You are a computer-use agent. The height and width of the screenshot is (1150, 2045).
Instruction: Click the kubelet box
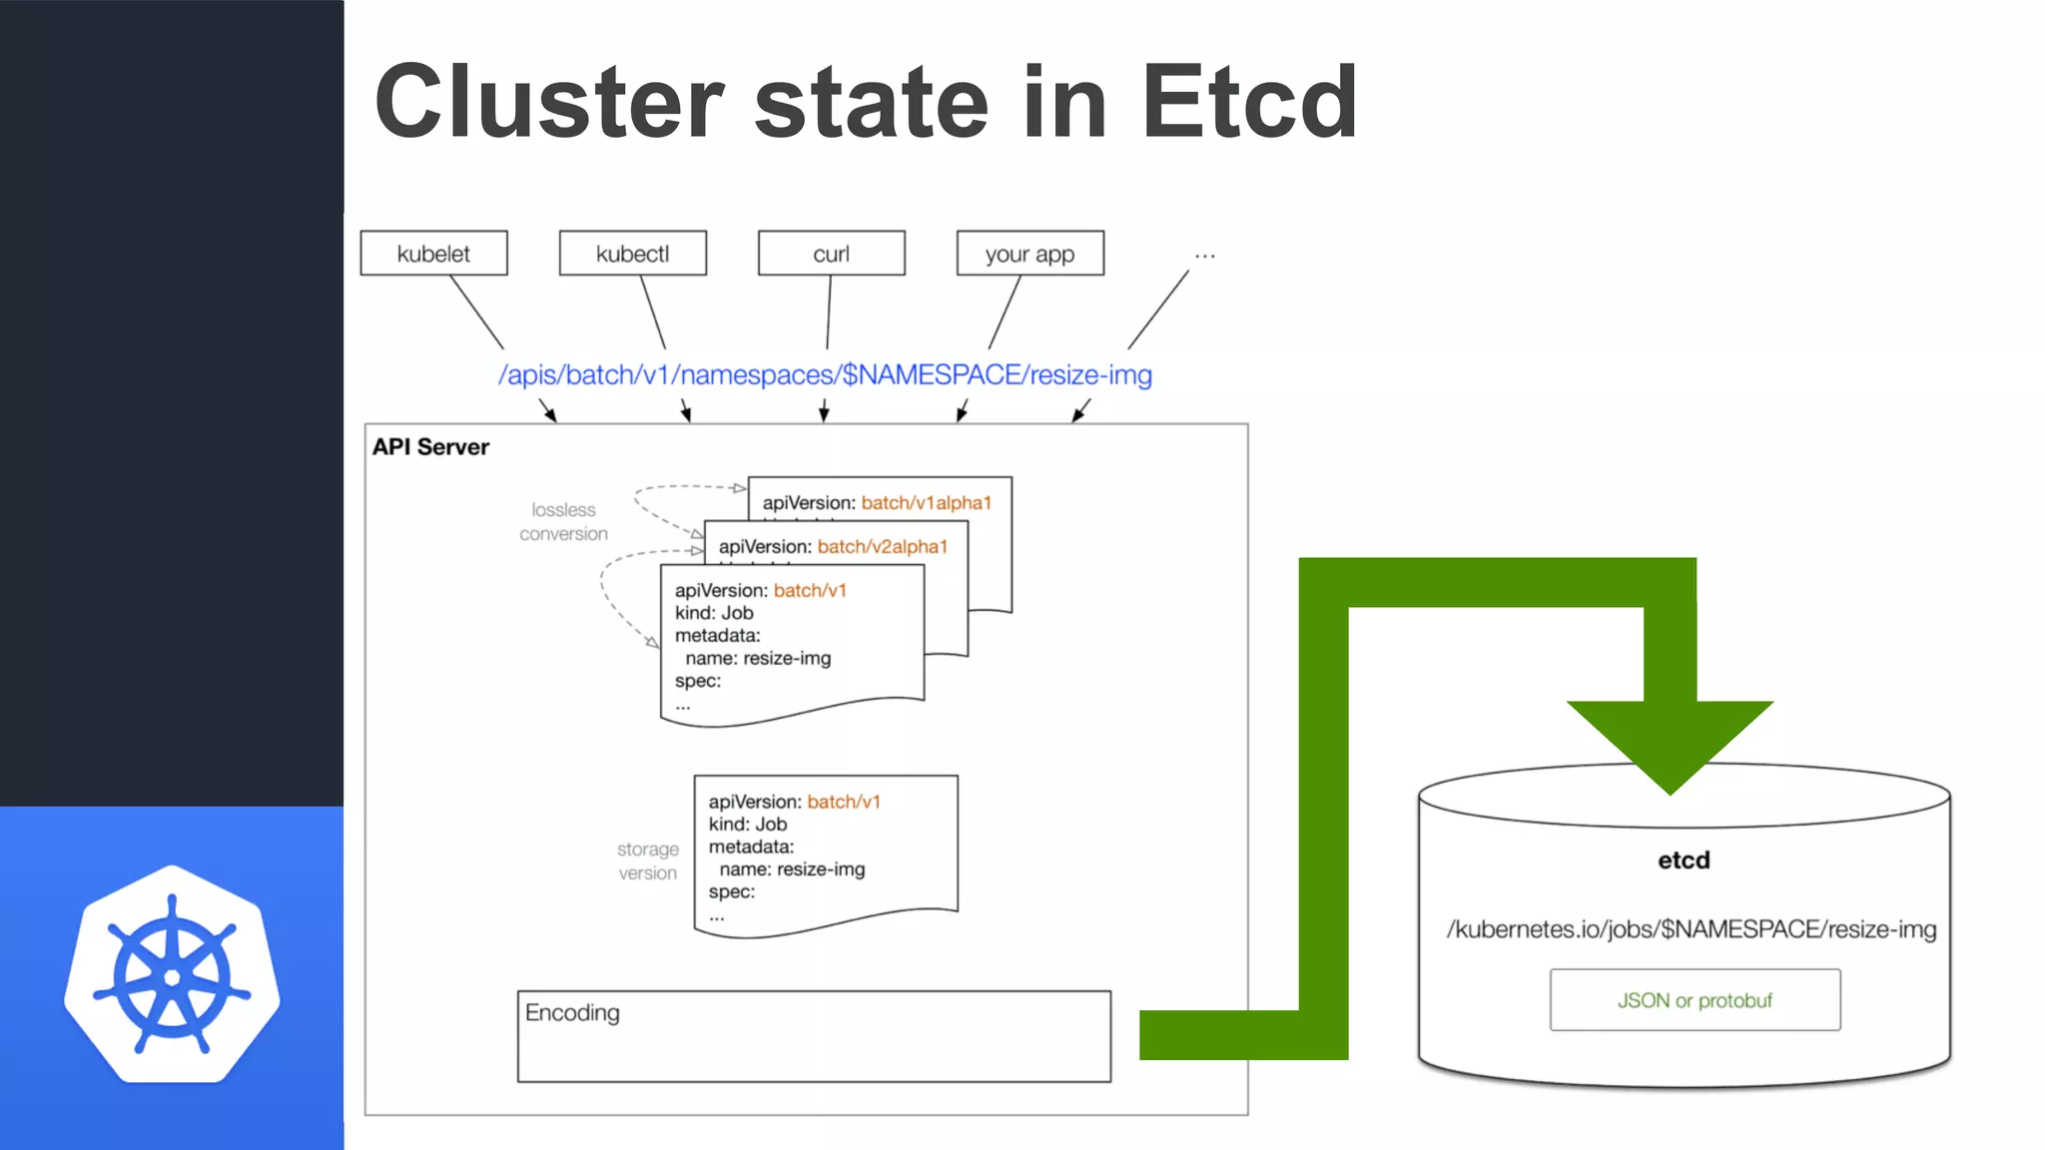433,254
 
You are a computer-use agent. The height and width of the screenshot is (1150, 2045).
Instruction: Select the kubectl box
632,254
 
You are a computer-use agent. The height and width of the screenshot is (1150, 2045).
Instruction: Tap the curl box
831,254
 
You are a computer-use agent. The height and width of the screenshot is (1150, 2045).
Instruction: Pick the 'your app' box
1029,254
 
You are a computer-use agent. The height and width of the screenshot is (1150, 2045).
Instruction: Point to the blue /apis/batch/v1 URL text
825,374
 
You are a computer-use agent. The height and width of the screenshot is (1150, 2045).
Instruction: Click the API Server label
430,447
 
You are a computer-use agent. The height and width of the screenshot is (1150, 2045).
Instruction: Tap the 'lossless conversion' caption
563,522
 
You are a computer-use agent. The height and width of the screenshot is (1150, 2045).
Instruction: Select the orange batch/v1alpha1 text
926,503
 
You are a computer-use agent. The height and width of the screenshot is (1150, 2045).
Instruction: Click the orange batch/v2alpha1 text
882,547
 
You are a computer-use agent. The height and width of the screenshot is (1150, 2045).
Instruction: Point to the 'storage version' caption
647,861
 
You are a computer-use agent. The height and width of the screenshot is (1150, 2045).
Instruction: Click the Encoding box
814,1036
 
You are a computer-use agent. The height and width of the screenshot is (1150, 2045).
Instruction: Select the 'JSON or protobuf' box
1695,1000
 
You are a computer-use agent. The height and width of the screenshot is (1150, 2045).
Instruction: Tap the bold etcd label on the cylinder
1684,861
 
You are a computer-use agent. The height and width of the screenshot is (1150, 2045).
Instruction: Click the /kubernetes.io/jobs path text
1691,929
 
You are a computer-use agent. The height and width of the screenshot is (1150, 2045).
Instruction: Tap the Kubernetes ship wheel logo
172,975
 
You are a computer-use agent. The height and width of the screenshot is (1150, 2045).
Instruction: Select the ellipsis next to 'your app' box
1205,257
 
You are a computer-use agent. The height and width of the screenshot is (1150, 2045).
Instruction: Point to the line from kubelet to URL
476,311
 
